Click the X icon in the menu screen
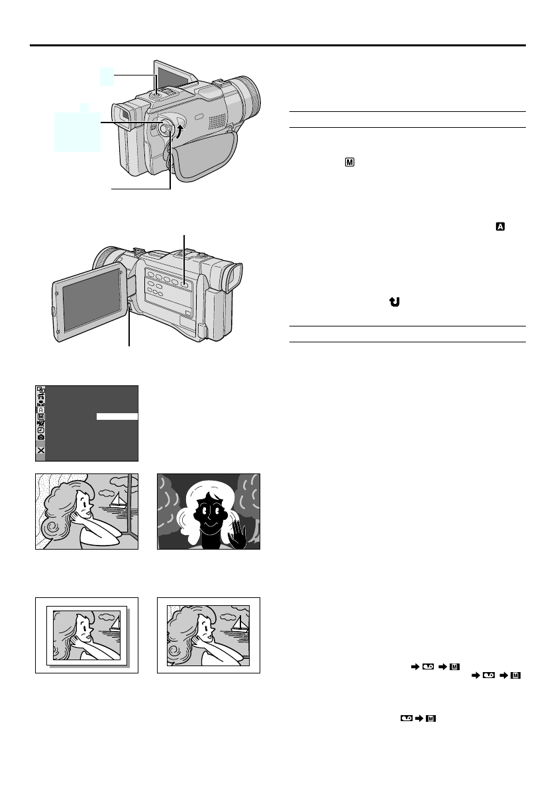(41, 450)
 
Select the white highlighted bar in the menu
(117, 417)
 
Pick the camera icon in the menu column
(41, 438)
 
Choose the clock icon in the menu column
(41, 430)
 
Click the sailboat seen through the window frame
(117, 501)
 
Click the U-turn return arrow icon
(395, 302)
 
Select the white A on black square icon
(501, 227)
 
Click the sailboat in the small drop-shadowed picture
(114, 623)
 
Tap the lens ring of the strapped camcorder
(250, 98)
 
